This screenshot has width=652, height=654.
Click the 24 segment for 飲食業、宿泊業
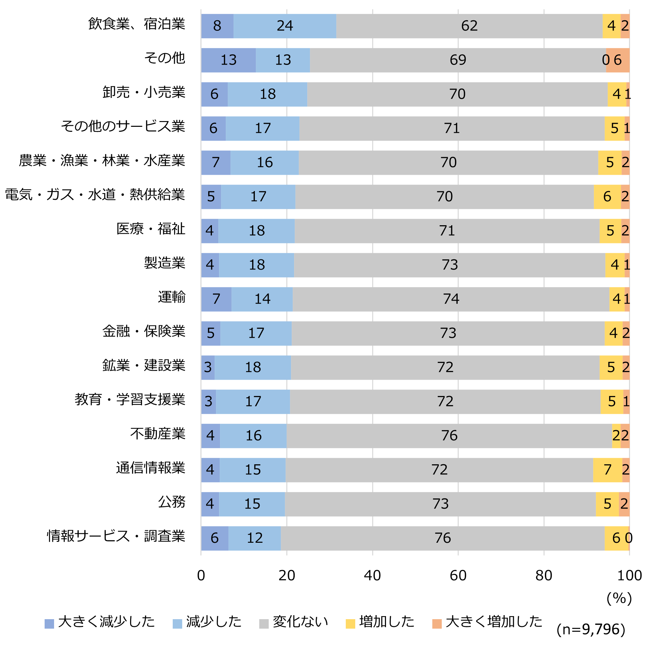[x=285, y=26]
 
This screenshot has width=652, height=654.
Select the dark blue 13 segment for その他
[x=228, y=60]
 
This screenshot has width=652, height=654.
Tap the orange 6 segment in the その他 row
[x=618, y=60]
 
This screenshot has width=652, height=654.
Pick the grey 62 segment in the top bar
[x=469, y=26]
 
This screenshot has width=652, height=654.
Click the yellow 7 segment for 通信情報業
[x=608, y=470]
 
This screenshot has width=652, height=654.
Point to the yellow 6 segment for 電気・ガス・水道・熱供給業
[x=607, y=197]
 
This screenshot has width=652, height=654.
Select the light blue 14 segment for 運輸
[x=262, y=299]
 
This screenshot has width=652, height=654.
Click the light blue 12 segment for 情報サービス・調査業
[x=255, y=538]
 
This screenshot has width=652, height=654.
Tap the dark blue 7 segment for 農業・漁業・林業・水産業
[x=216, y=162]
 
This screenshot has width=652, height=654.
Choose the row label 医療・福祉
[x=151, y=229]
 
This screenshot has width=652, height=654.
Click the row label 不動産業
[x=158, y=434]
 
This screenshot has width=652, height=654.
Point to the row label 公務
[x=172, y=502]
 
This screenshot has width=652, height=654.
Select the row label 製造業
[x=165, y=263]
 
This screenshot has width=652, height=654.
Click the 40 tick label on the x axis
[x=372, y=576]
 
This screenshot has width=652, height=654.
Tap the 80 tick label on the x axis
[x=544, y=576]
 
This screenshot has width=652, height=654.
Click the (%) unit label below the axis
[x=619, y=599]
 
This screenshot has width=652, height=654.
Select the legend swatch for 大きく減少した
[x=49, y=624]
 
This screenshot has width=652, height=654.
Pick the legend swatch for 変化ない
[x=264, y=624]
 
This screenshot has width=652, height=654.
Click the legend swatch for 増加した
[x=351, y=624]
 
